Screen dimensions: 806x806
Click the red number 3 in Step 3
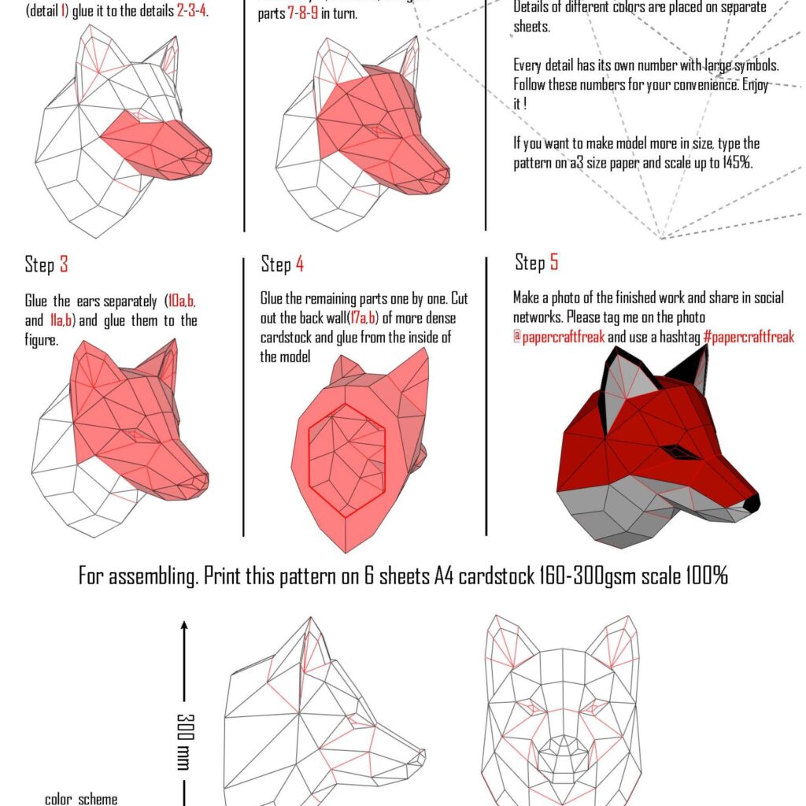coord(64,265)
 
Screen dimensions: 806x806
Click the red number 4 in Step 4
coord(300,265)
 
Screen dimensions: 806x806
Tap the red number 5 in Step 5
coord(554,262)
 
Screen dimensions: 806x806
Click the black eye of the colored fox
coord(675,452)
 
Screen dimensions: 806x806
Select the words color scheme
coord(81,799)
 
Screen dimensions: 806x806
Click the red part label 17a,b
coord(364,318)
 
